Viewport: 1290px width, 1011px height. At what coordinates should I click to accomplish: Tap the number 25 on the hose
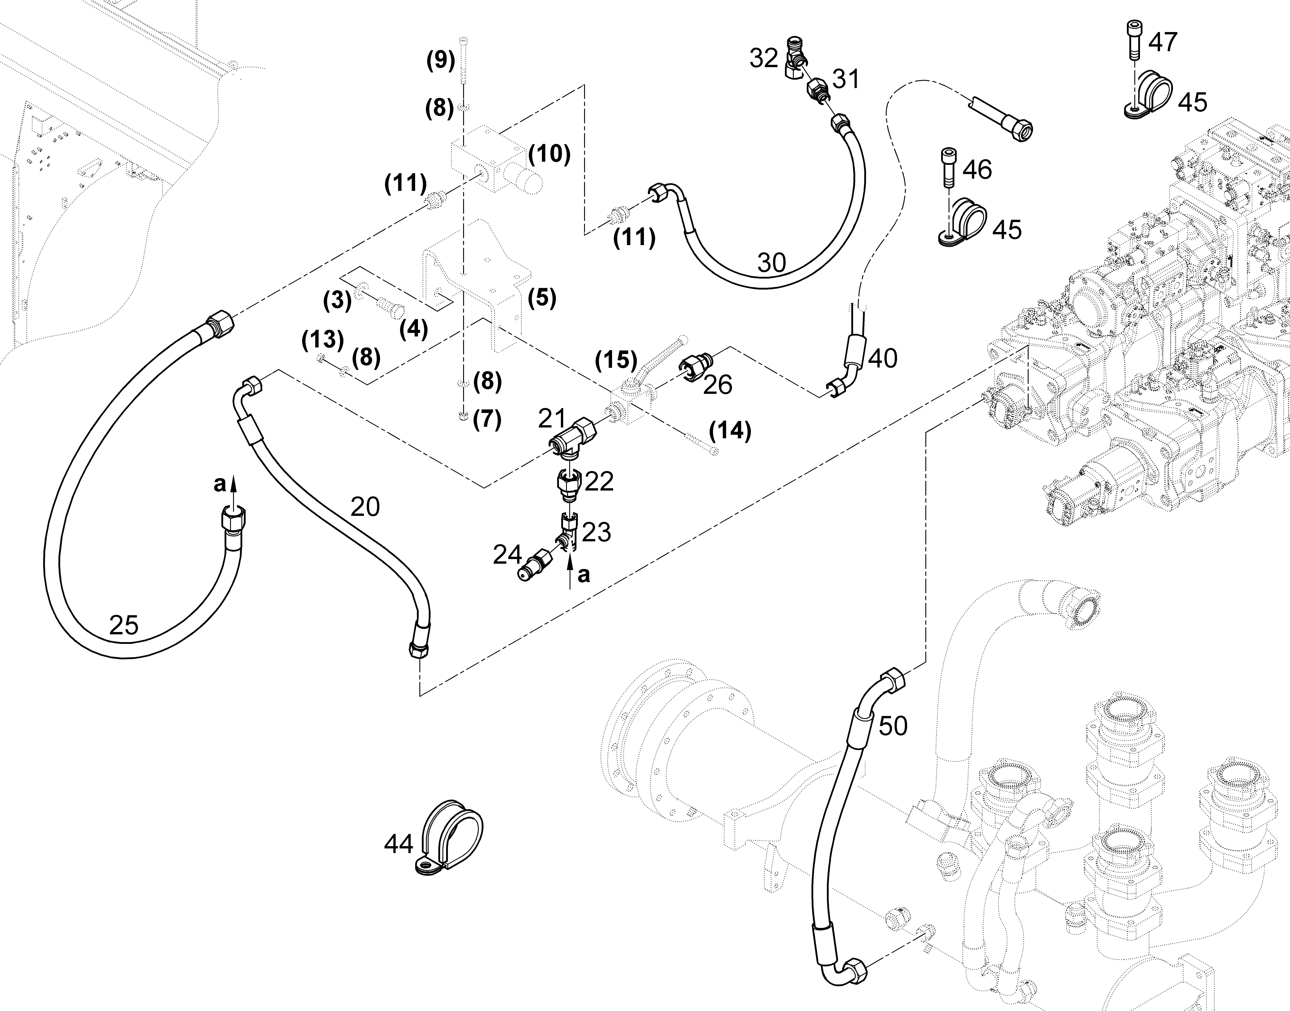coord(124,625)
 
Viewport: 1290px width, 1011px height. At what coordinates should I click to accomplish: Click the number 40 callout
coord(883,358)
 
